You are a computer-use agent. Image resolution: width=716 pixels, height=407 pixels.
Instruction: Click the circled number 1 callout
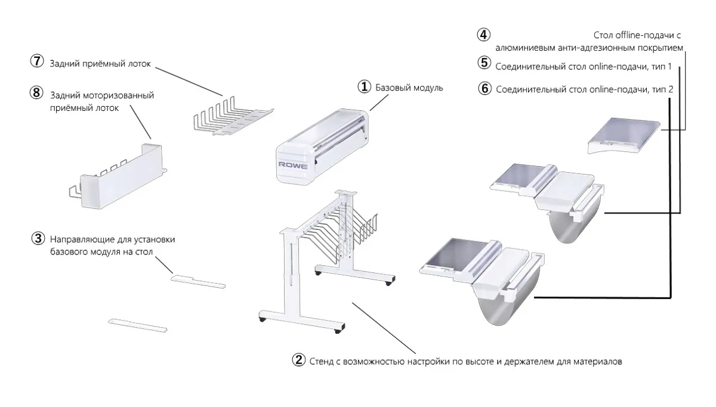pos(365,88)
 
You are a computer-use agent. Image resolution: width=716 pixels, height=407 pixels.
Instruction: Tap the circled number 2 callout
pos(299,361)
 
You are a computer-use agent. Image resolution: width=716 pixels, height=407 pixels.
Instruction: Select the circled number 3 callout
pos(38,239)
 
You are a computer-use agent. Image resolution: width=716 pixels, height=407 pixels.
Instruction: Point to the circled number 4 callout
pos(484,35)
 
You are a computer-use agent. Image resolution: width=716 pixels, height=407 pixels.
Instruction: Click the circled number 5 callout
pos(484,64)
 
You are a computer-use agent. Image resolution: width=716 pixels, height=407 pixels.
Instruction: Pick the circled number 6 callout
pos(484,89)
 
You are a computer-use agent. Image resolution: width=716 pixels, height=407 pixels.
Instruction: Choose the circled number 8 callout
pos(38,94)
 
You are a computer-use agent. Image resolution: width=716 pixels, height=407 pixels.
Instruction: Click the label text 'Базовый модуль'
pos(409,88)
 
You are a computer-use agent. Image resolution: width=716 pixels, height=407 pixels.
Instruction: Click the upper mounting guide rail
pos(198,281)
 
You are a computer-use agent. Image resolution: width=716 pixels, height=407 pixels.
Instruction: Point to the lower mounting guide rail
pos(138,325)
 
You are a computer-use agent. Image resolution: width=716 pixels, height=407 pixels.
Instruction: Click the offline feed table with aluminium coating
pos(624,136)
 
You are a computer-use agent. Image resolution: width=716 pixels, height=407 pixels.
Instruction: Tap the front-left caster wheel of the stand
pos(263,321)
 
